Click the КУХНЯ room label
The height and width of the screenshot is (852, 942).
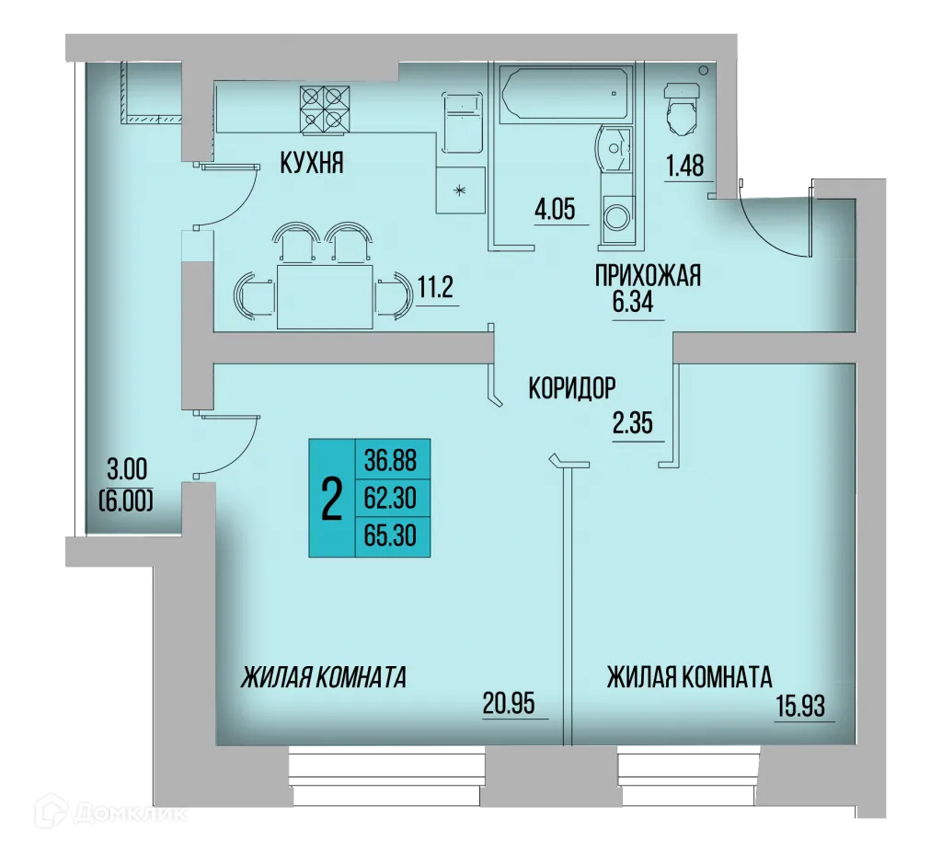[312, 164]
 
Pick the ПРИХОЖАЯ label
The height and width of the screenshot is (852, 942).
[649, 275]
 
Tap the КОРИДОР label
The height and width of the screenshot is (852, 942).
[570, 389]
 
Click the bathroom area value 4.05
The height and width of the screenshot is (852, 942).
[555, 209]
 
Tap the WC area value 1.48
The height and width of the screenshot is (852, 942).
[684, 167]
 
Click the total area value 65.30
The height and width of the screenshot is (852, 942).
[391, 538]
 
